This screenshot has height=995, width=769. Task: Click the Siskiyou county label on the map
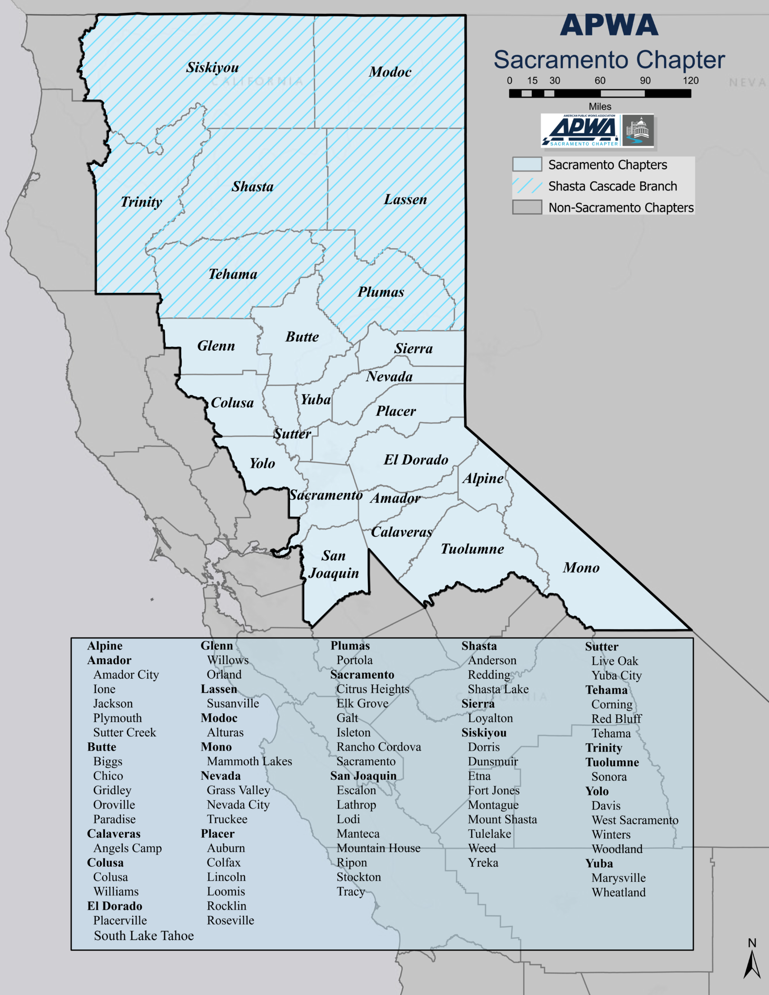coord(212,68)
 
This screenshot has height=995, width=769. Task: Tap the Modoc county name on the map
coord(390,72)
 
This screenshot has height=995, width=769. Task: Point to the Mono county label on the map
coord(581,567)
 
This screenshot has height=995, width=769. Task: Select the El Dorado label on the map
coord(416,460)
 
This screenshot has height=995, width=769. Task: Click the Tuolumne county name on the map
coord(472,549)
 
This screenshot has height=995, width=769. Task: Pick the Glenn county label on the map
coord(216,346)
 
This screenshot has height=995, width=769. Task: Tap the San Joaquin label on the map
coord(334,564)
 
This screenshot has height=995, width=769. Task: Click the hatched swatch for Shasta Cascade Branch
coord(527,186)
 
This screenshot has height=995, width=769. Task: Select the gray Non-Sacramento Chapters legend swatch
coord(527,207)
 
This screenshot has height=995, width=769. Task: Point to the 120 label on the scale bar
coord(690,81)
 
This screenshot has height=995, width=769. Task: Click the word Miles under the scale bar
coord(600,106)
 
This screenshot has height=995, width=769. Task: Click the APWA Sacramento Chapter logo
coord(598,131)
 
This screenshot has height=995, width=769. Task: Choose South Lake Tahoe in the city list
coord(144,936)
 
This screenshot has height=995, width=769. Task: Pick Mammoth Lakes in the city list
coord(249,761)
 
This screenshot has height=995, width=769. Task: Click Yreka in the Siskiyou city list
coord(483,862)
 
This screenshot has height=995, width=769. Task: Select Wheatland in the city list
coord(618,892)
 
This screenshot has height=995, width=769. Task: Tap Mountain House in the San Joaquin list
coord(378,848)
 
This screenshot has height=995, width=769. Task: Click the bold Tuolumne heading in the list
coord(612,762)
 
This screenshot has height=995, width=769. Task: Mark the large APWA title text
coord(609,25)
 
